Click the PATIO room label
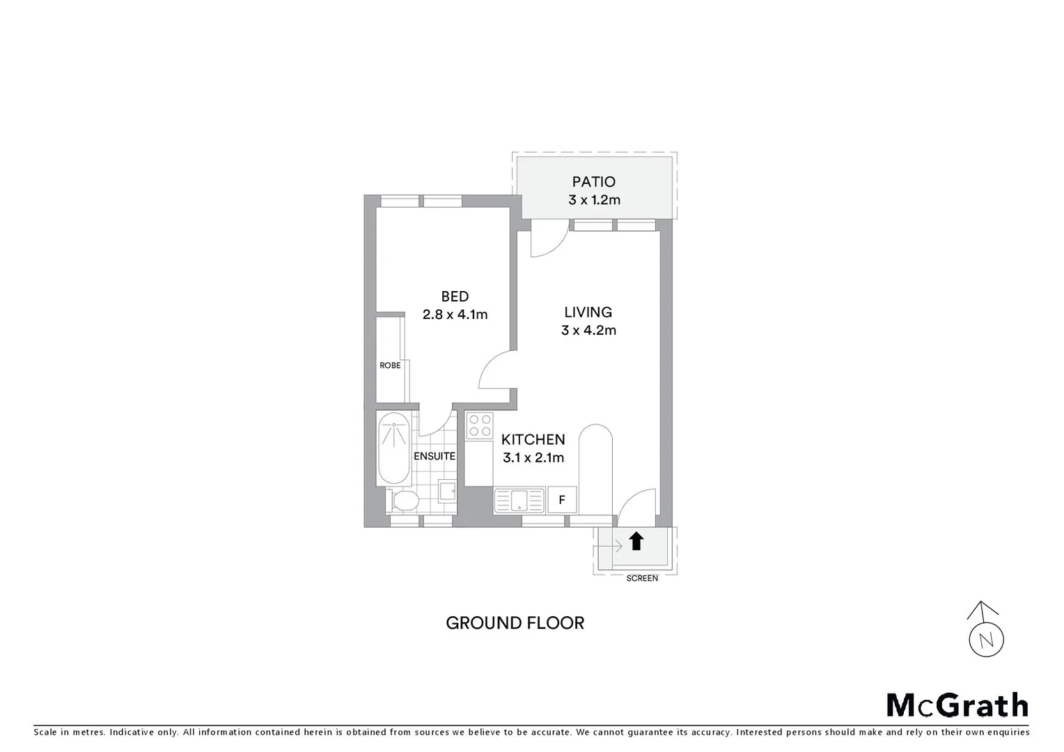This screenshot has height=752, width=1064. click(x=593, y=182)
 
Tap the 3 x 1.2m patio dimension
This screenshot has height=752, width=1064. click(x=593, y=200)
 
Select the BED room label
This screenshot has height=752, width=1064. click(x=455, y=297)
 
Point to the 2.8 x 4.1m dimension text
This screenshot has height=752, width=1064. click(x=455, y=314)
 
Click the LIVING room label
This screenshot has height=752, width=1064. click(x=588, y=313)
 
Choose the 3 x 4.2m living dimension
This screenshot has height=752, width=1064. click(x=588, y=330)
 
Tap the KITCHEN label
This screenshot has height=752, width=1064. click(x=533, y=439)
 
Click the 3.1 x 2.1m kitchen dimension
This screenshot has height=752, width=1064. click(x=533, y=457)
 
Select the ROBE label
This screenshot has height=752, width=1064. click(x=390, y=366)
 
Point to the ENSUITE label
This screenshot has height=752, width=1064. click(x=435, y=457)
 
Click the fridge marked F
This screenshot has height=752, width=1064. click(x=561, y=500)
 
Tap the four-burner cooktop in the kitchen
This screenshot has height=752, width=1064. click(x=479, y=425)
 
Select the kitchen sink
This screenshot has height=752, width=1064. click(x=519, y=500)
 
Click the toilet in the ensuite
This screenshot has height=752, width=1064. click(x=404, y=500)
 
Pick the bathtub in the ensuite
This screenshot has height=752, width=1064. click(x=393, y=448)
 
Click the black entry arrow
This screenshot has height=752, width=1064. click(x=636, y=541)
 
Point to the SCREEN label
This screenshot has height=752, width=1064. click(x=642, y=579)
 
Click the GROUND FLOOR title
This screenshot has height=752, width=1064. click(x=515, y=623)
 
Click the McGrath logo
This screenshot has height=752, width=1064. click(x=957, y=705)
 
